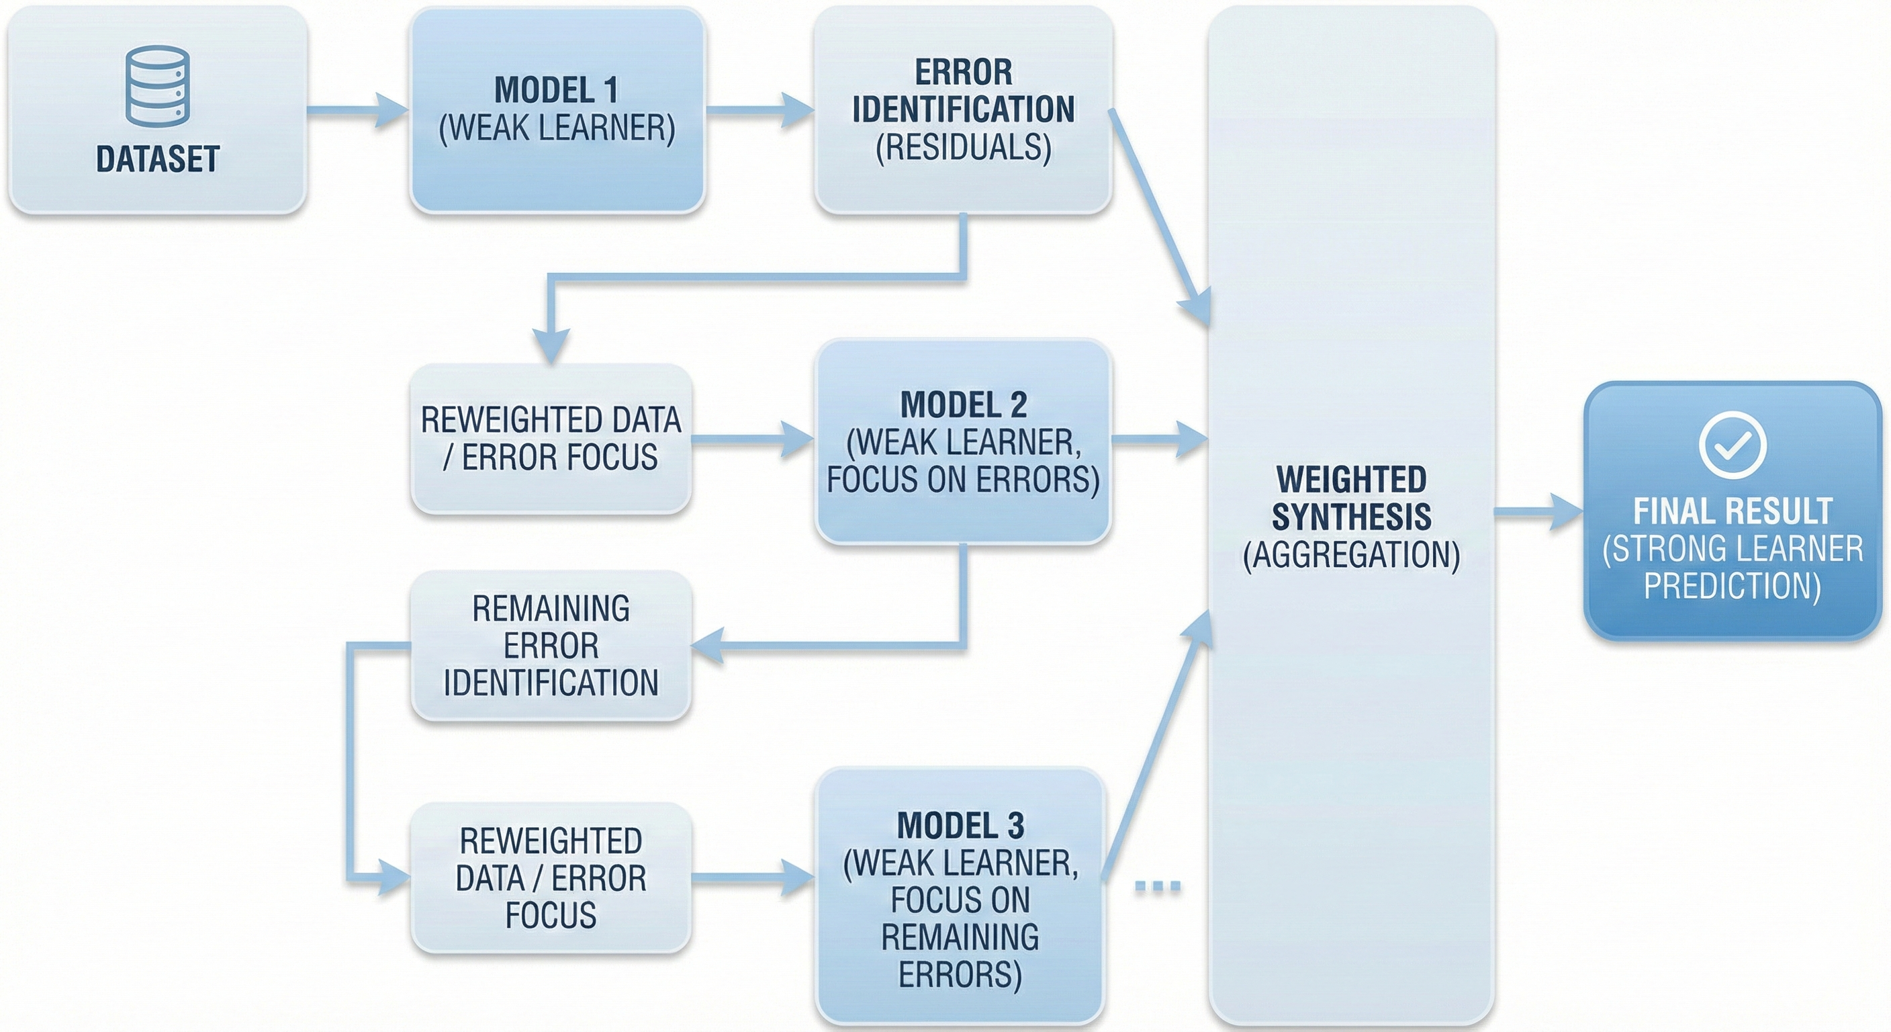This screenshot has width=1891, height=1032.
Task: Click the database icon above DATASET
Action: point(157,86)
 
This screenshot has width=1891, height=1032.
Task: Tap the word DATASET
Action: point(157,159)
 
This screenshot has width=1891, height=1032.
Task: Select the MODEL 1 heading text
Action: point(556,90)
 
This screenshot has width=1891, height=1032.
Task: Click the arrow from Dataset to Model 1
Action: point(358,111)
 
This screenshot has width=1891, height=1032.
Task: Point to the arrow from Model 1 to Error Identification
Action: point(759,111)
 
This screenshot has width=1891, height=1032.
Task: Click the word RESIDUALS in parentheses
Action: point(963,148)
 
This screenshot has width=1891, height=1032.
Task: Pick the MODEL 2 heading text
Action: point(963,404)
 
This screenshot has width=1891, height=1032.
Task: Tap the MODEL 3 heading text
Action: point(960,826)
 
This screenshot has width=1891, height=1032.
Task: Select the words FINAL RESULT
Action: point(1732,511)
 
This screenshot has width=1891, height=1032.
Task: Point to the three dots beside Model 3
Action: point(1158,887)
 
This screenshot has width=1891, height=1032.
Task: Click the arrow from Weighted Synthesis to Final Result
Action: point(1538,512)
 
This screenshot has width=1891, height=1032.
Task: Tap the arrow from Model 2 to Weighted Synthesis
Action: point(1160,440)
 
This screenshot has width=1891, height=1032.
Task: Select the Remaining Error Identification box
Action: point(551,646)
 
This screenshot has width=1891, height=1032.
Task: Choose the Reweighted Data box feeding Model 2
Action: point(551,439)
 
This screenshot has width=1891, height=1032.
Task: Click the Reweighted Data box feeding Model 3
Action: point(551,877)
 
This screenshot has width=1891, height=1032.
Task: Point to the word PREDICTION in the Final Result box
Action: point(1732,586)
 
